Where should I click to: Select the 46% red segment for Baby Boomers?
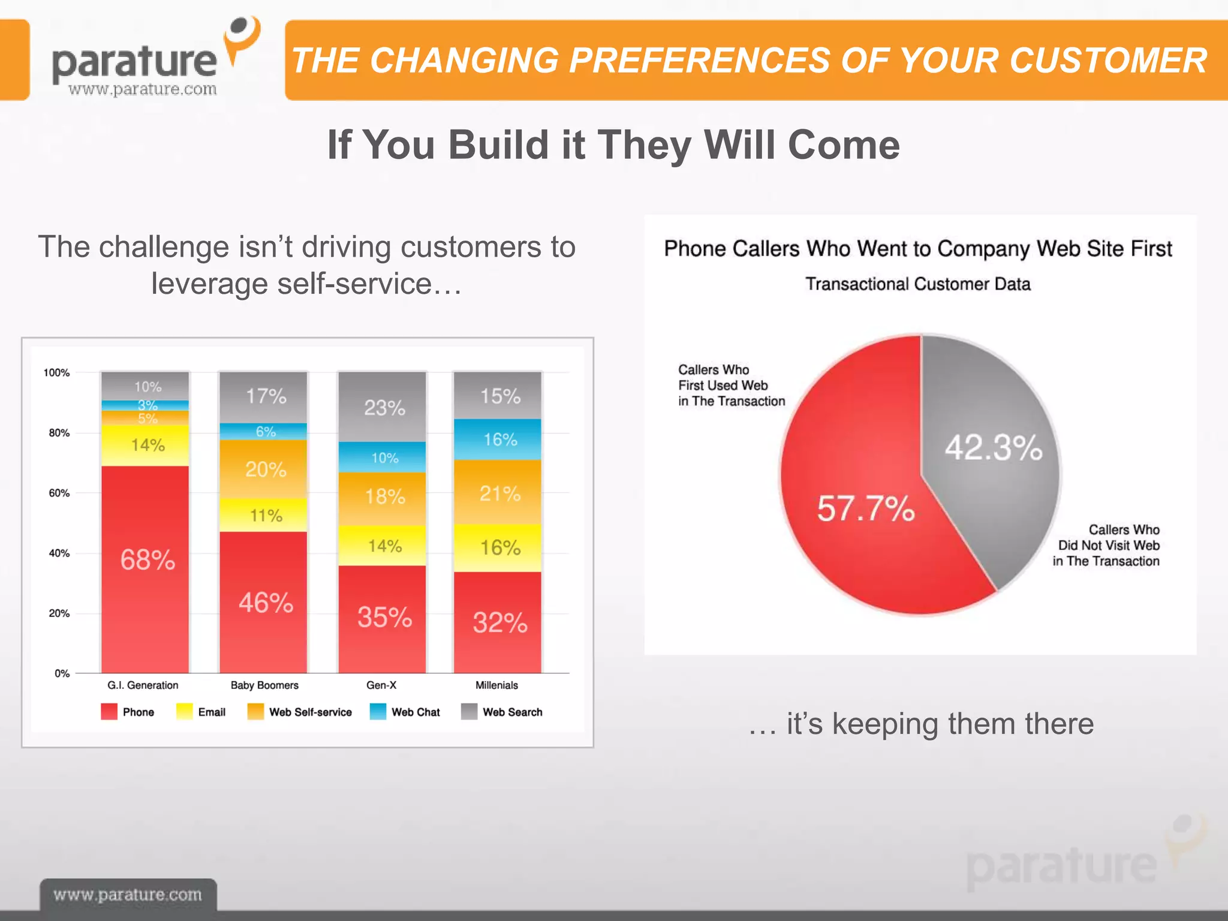263,602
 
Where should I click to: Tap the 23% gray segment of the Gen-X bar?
382,407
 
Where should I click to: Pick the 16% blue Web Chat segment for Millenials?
498,440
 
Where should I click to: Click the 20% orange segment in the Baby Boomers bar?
263,469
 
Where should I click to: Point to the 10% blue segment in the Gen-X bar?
382,458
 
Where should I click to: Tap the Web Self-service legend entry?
300,712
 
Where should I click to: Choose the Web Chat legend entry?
405,712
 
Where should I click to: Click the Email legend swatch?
185,711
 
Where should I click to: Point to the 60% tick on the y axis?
59,493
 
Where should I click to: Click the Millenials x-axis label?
496,685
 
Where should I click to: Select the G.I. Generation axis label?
143,685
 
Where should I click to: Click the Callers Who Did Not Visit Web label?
1106,545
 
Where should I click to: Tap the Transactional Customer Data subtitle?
917,284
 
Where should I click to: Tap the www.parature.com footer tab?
128,895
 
